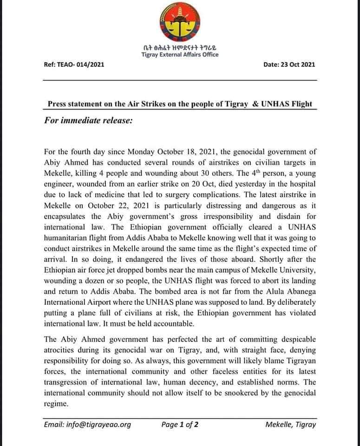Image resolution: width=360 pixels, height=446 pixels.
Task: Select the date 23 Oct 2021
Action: point(296,64)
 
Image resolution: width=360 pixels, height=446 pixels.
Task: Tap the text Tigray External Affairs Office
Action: point(180,55)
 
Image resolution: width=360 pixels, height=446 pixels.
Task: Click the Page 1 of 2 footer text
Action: point(180,424)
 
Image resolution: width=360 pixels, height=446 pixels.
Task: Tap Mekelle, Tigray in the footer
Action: point(291,424)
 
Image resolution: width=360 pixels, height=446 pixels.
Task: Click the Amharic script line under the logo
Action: point(180,47)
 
